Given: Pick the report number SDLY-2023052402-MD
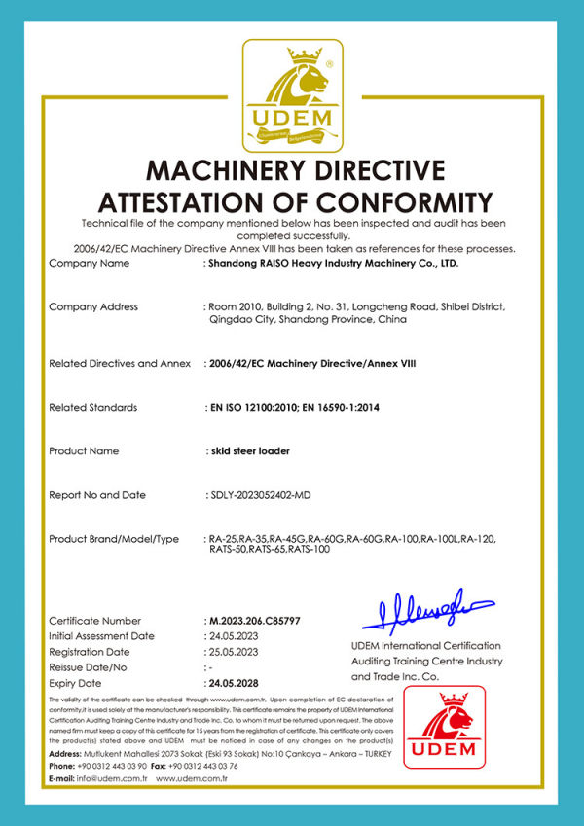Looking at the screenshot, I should (x=270, y=495).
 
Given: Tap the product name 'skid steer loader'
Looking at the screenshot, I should (x=249, y=450).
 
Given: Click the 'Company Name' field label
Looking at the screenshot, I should (x=89, y=263).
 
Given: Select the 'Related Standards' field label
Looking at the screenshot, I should (x=93, y=407).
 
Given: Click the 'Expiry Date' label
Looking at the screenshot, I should (x=77, y=683).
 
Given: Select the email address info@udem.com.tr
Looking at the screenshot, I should (x=111, y=778).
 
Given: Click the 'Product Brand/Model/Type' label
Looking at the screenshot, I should (x=114, y=538).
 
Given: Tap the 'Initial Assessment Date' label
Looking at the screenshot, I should (x=102, y=635).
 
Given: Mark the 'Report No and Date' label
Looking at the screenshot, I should (x=97, y=495).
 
